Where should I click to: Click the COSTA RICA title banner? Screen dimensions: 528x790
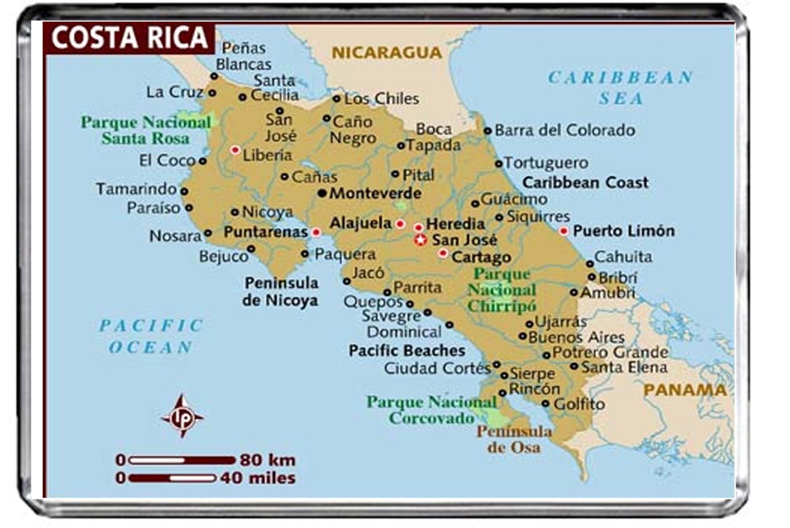coord(129,37)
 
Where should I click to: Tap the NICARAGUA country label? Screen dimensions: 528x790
coord(387,52)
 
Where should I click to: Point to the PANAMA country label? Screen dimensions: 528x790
coord(685,390)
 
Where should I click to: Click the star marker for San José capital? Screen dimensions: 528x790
coord(420,240)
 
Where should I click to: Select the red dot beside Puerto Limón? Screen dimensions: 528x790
coord(564,231)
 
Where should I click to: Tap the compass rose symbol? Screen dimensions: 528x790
coord(182,416)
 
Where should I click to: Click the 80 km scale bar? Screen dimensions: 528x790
coord(182,460)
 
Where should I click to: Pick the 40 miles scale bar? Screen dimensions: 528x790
coord(173,478)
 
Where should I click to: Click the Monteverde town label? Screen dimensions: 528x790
coord(375,193)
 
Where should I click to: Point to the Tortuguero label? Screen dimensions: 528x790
coord(546,163)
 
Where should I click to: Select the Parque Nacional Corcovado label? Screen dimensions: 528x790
coord(431,410)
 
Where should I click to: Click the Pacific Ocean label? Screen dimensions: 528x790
coord(151,336)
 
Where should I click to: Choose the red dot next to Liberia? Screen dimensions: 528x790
coord(235,150)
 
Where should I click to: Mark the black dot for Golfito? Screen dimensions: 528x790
coord(546,404)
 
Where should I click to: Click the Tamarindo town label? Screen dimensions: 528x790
coord(136,189)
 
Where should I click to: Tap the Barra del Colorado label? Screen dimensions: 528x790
coord(565,130)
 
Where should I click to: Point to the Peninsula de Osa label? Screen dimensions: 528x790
coord(514,439)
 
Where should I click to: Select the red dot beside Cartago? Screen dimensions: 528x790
coord(443,253)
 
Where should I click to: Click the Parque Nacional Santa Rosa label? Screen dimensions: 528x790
coord(145,130)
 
